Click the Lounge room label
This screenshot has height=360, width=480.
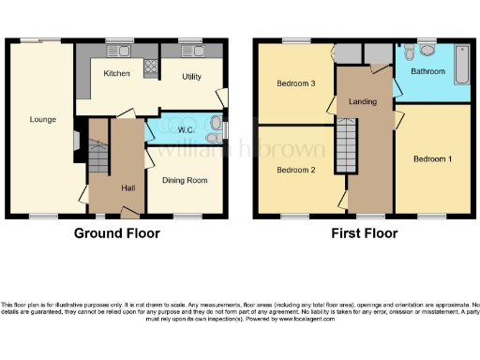pos(42,119)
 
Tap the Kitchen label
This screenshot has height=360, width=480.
pos(116,73)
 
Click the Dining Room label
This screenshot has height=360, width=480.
pos(184,180)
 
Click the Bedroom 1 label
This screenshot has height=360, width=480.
pos(432,159)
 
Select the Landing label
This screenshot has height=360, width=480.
pos(362,101)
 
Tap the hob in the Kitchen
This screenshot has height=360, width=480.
pos(150,67)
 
